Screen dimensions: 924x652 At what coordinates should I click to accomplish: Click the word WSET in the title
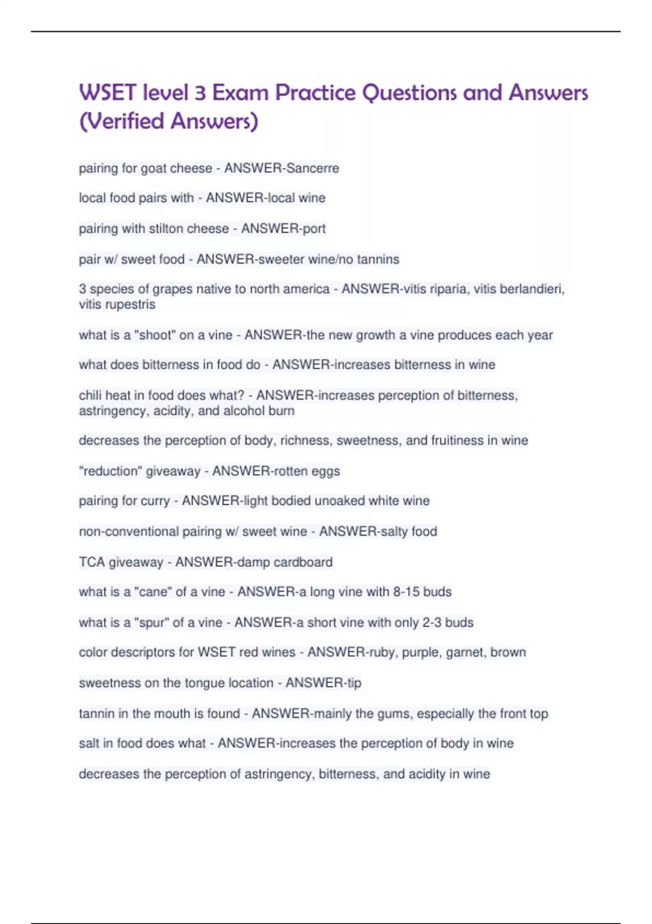[x=108, y=93]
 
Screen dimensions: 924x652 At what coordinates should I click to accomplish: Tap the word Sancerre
[x=312, y=168]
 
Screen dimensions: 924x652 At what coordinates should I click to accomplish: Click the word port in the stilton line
[x=314, y=229]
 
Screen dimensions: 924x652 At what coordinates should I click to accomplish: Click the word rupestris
[x=128, y=304]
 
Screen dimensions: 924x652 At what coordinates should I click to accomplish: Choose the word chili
[x=90, y=395]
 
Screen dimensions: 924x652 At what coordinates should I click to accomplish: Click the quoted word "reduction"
[x=110, y=471]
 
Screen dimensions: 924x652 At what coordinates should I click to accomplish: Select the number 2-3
[x=432, y=622]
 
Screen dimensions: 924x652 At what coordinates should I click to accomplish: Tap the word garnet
[x=465, y=652]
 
